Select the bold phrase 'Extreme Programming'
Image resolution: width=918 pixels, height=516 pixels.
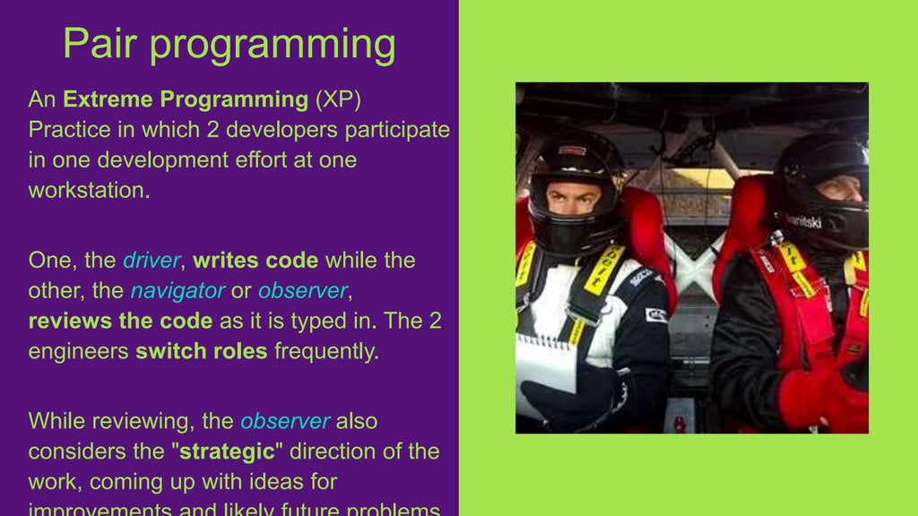coord(186,99)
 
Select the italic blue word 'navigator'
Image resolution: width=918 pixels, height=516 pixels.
coord(178,291)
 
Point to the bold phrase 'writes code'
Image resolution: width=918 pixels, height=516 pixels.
coord(255,261)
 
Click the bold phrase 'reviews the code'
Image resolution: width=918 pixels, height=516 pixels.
coord(120,321)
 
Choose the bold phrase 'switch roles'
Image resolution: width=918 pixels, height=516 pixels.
coord(201,351)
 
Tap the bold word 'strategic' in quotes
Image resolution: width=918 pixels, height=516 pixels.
coord(228,451)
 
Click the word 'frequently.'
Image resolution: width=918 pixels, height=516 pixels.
coord(326,351)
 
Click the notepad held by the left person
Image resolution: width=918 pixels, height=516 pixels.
coord(545,363)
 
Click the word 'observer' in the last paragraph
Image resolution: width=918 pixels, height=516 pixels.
coord(285,421)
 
